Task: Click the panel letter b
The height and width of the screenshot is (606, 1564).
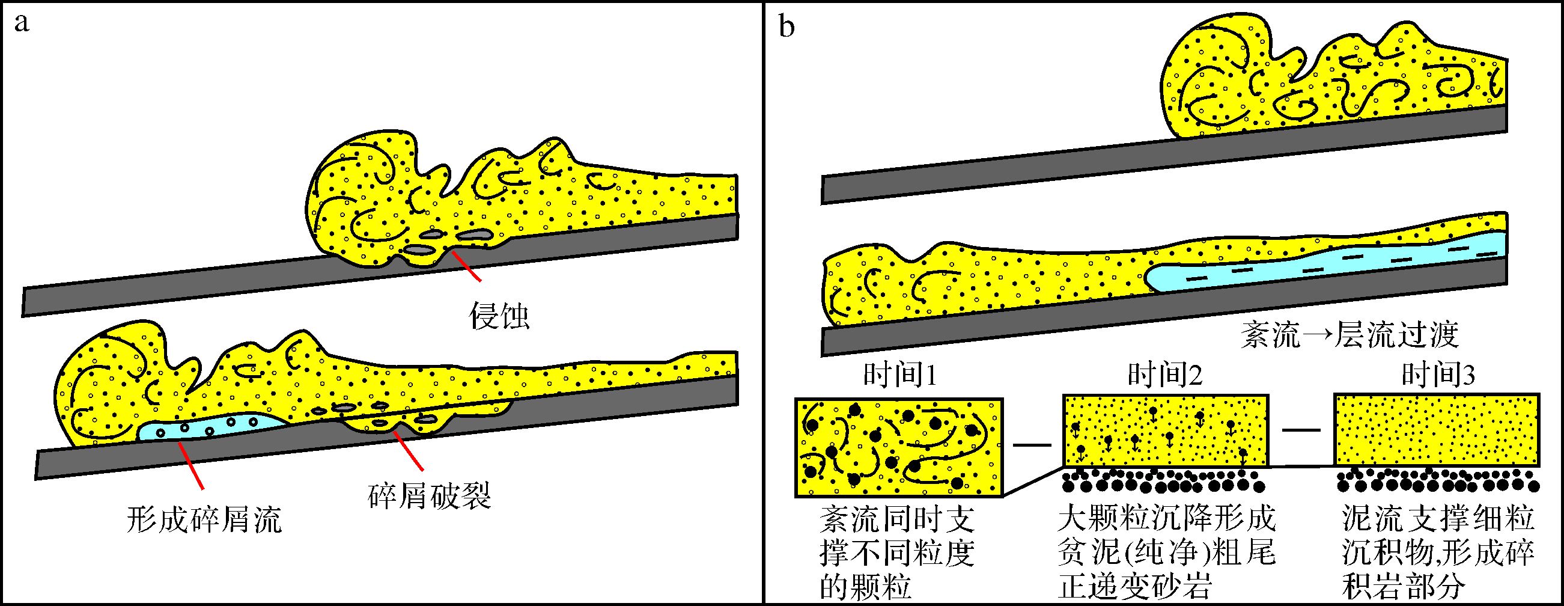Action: [x=787, y=26]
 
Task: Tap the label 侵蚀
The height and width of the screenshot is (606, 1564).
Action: [x=499, y=316]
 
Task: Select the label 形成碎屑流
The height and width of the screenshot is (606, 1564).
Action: [x=205, y=520]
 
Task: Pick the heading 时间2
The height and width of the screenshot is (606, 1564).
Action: [x=1165, y=376]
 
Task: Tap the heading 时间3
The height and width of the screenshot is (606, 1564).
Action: [x=1438, y=376]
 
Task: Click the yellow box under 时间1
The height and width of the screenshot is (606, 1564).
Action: [x=898, y=447]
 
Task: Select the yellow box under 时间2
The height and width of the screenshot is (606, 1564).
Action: [x=1165, y=430]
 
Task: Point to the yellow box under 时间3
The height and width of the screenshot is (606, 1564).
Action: [x=1436, y=430]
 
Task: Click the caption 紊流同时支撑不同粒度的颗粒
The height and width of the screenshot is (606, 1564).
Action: [x=897, y=553]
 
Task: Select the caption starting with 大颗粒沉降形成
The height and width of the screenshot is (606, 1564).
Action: [x=1166, y=553]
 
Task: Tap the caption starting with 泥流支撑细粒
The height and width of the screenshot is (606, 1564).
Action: [x=1437, y=553]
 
